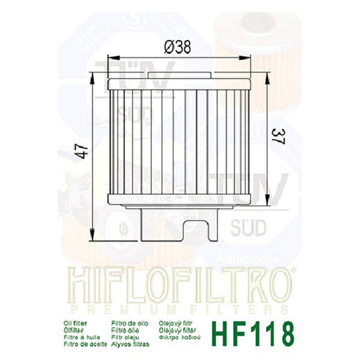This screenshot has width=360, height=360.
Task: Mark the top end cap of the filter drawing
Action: [x=180, y=82]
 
